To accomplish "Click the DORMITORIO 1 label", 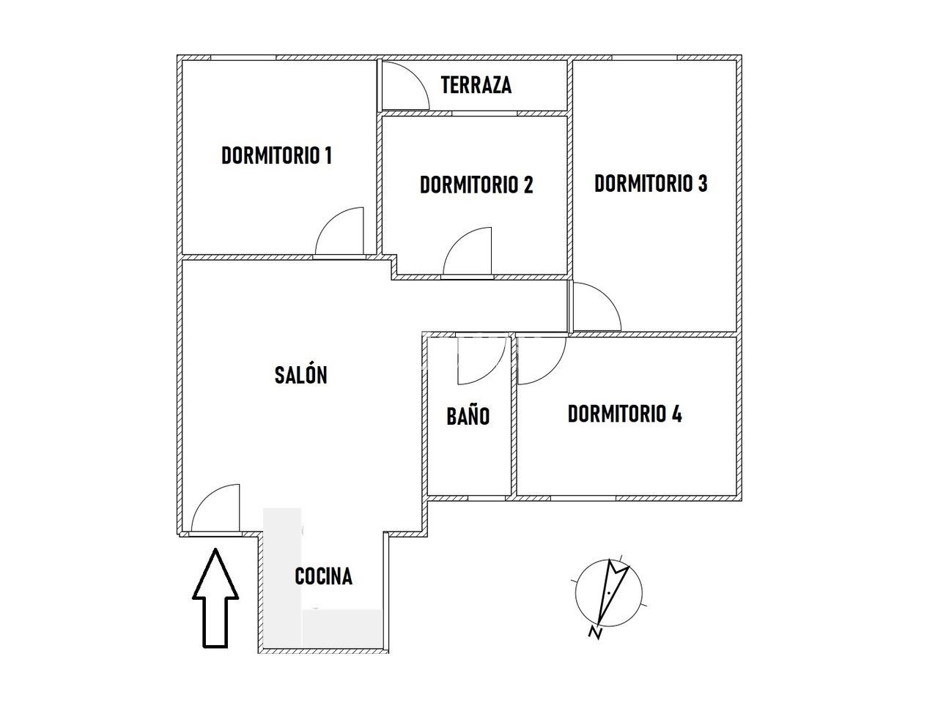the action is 276,155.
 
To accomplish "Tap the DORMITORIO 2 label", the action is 476,185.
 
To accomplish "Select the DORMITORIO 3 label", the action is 651,183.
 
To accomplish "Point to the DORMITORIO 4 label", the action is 624,414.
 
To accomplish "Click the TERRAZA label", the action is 476,84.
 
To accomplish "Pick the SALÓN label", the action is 301,375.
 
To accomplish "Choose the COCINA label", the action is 323,576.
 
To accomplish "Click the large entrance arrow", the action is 215,598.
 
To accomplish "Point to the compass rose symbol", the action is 608,593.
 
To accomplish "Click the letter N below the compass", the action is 595,633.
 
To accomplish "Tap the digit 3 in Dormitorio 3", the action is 702,183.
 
